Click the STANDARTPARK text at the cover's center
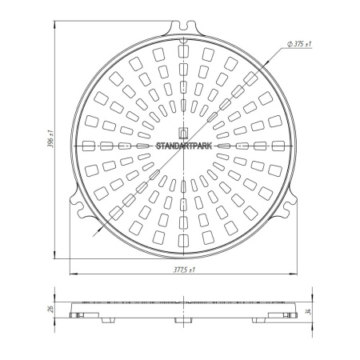coord(184,146)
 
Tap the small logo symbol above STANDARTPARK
coord(183,133)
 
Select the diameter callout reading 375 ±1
coord(299,44)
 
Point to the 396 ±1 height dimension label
coord(51,139)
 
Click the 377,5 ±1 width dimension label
coord(184,270)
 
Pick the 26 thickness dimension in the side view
coord(51,309)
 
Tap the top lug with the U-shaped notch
coord(183,28)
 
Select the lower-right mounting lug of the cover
coord(286,206)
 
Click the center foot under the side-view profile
coord(183,320)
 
